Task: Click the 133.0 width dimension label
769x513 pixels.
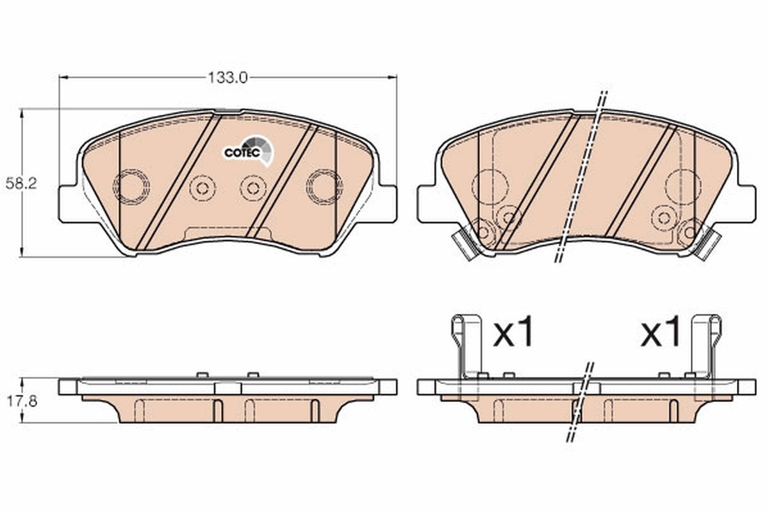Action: (x=227, y=78)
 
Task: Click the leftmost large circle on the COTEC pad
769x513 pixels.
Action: (x=131, y=187)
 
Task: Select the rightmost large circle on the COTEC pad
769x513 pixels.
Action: (x=324, y=187)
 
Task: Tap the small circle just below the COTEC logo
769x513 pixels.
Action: (x=253, y=187)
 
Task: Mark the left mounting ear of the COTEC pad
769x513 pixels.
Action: (x=69, y=204)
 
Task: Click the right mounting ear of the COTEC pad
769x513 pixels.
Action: (x=386, y=204)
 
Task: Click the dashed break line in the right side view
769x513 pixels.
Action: (x=580, y=403)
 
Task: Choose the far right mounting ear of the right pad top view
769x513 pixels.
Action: (x=745, y=204)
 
